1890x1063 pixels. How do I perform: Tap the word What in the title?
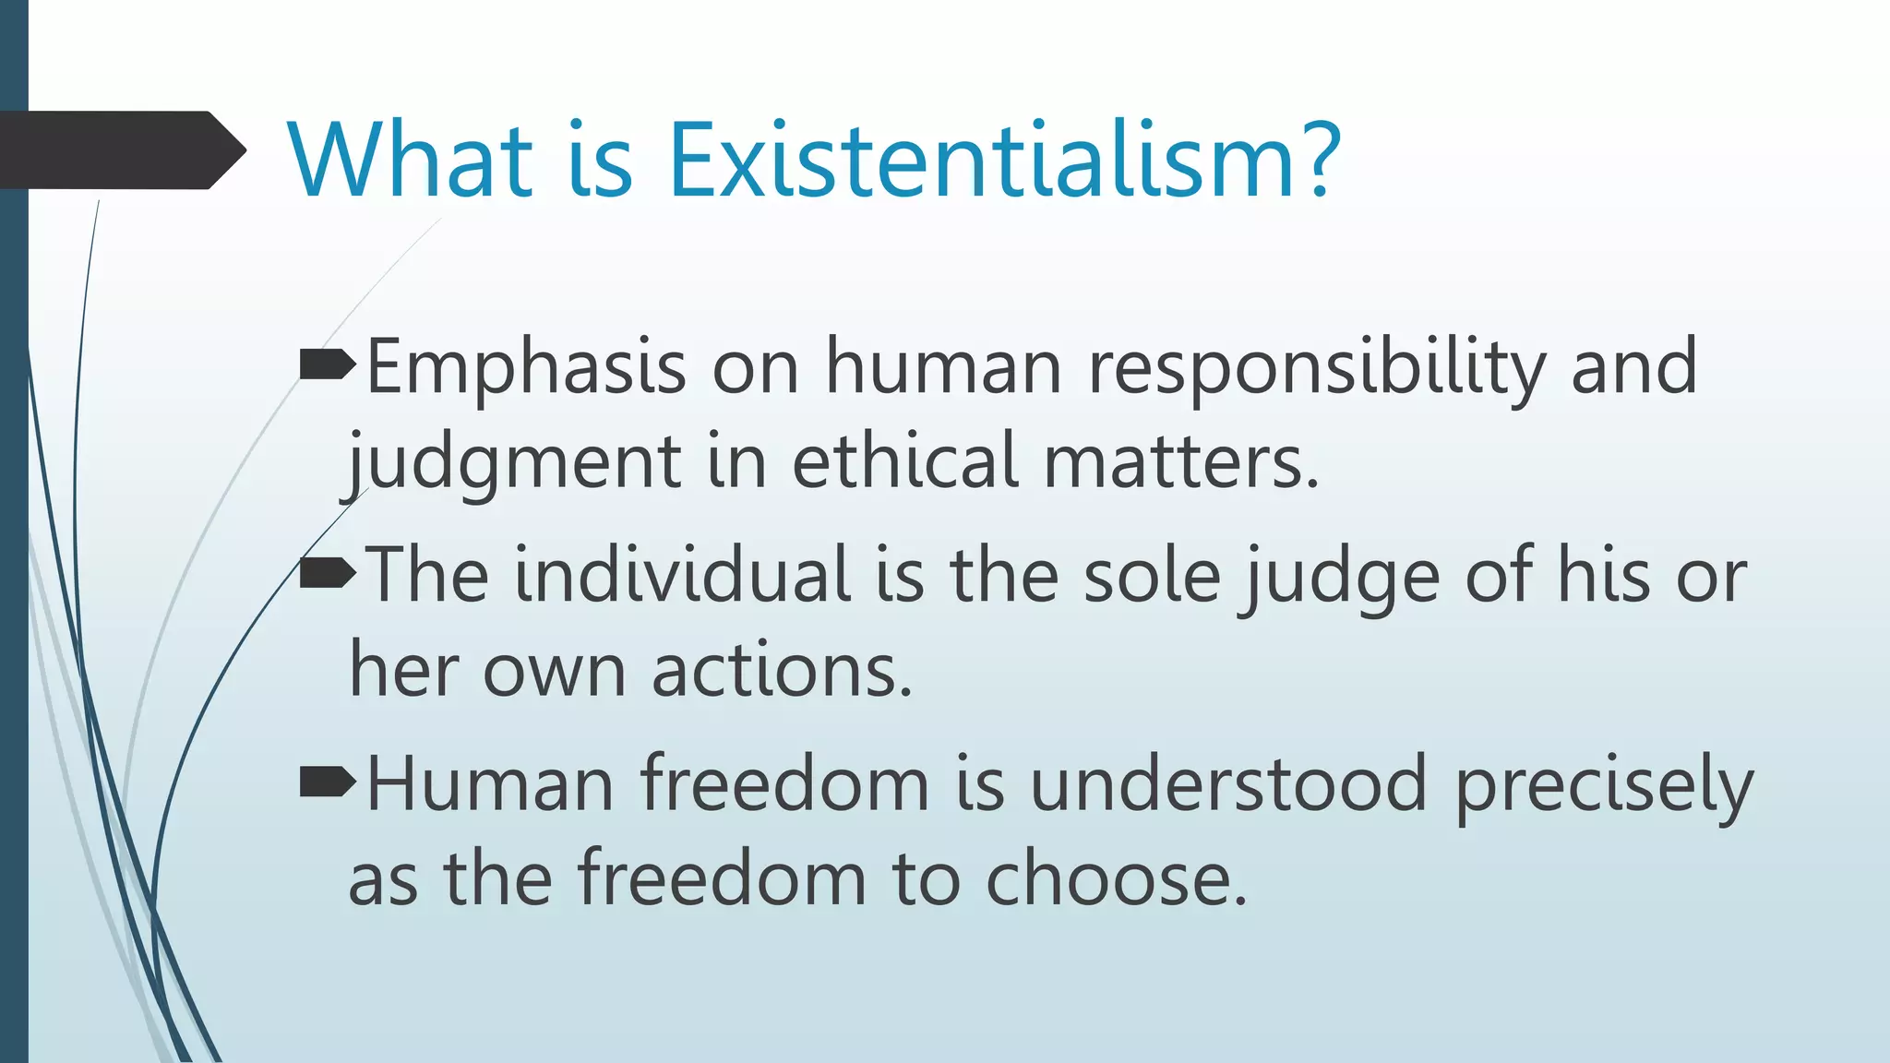point(411,161)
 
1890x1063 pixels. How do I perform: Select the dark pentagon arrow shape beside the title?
point(120,150)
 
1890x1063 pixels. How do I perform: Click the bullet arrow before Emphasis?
point(328,366)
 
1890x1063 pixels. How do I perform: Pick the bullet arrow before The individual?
point(328,575)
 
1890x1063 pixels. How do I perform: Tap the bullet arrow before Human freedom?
point(328,783)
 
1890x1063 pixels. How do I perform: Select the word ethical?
point(905,461)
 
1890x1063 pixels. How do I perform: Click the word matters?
point(1180,461)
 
